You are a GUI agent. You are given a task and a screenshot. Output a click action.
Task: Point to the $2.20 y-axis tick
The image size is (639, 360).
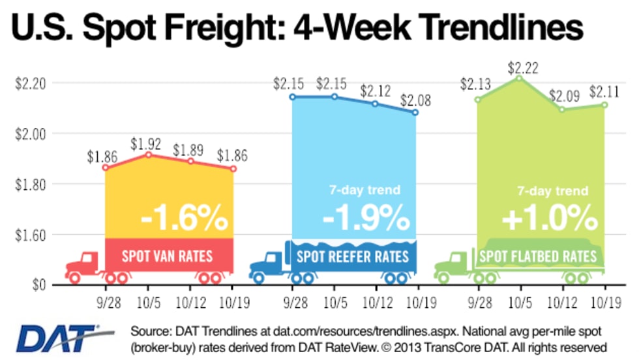(29, 83)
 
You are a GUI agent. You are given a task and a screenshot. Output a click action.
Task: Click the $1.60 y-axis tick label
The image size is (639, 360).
(29, 235)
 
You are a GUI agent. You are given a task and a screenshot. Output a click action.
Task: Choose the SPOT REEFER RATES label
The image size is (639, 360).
(353, 256)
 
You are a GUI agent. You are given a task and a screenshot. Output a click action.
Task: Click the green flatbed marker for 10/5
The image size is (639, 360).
(520, 78)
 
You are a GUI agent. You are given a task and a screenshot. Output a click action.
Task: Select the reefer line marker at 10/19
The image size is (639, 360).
(416, 113)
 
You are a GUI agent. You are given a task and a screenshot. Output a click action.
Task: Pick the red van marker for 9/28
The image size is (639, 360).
(106, 168)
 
